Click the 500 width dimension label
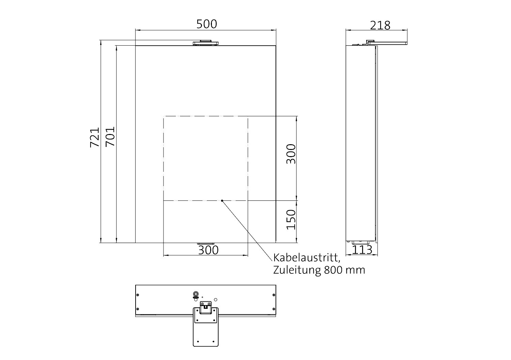[x=206, y=24]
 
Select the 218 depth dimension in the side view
[x=380, y=25]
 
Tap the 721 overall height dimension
[x=95, y=137]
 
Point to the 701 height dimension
[x=110, y=136]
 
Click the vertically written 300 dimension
[x=291, y=154]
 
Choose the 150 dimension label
[x=291, y=220]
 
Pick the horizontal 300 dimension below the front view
[x=208, y=250]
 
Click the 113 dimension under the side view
[x=362, y=250]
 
